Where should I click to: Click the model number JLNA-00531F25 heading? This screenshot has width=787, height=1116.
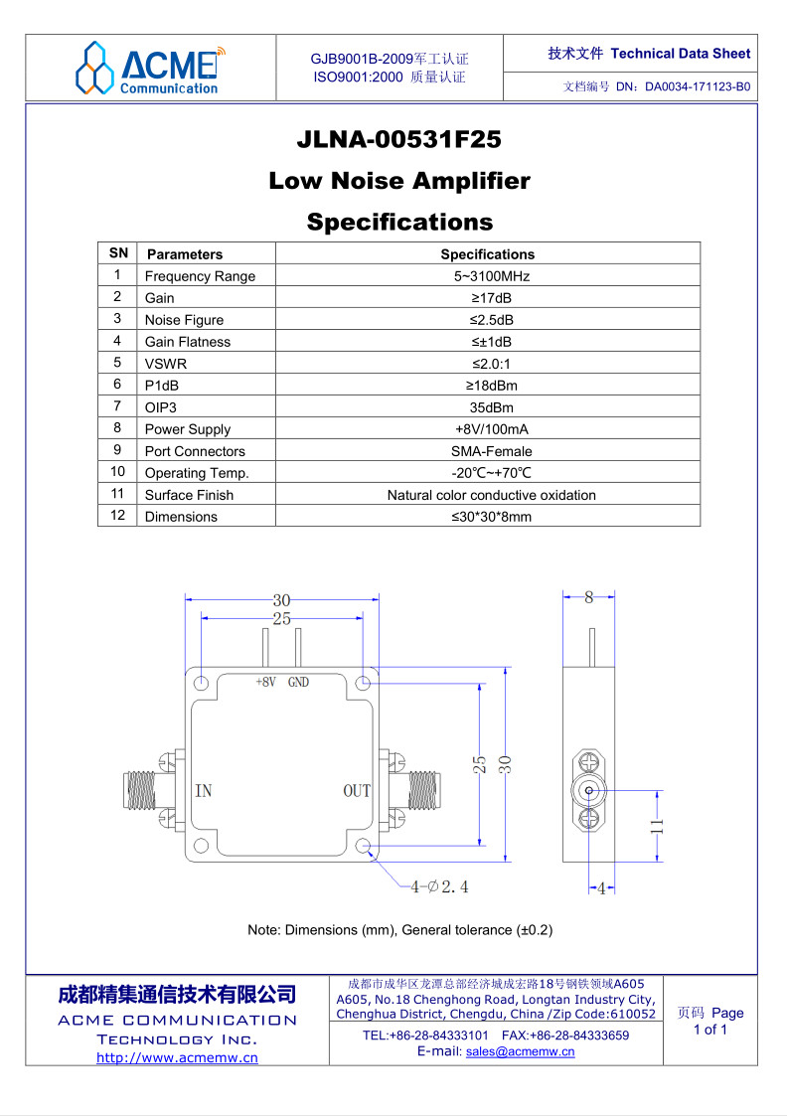point(398,140)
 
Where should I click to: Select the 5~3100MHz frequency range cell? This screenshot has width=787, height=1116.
point(487,276)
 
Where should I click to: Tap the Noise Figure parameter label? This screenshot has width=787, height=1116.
point(184,320)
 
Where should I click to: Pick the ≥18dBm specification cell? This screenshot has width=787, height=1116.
point(487,386)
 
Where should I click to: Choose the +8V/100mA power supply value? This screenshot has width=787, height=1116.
point(487,429)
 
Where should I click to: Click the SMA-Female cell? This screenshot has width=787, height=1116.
point(487,451)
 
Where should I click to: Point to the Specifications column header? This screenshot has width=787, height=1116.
point(487,254)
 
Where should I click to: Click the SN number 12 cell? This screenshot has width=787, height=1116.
point(117,516)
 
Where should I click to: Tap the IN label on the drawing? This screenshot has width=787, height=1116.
point(203,791)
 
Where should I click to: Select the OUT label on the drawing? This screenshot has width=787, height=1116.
point(357,791)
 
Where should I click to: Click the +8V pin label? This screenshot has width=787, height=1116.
point(265,683)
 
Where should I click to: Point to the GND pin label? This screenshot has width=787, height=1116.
point(298,683)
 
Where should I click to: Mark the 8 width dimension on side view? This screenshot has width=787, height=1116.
point(588,597)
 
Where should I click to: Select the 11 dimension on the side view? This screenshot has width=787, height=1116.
point(657,825)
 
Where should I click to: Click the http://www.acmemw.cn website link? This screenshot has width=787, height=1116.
point(177,1057)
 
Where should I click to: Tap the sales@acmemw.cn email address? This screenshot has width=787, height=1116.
point(520,1051)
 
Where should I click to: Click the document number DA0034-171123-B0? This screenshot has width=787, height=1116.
point(697,86)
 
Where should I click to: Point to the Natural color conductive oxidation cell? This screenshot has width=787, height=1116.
point(491,495)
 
